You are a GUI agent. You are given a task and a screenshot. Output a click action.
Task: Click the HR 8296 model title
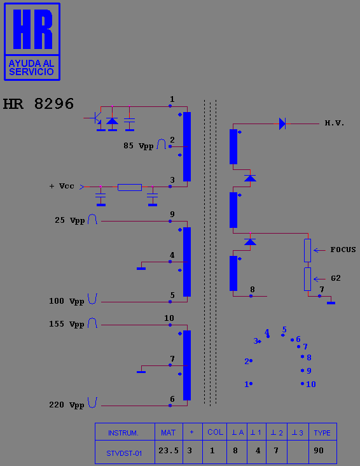point(38,104)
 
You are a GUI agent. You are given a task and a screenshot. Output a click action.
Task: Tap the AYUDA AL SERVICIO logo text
point(32,67)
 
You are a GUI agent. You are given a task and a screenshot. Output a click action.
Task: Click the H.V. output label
point(335,123)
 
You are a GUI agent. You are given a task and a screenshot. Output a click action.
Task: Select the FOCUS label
point(343,250)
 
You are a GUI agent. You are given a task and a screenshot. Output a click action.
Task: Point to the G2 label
point(336,278)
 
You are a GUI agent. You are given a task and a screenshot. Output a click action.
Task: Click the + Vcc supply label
point(62,187)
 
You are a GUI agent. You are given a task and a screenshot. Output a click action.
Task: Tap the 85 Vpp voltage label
point(139,146)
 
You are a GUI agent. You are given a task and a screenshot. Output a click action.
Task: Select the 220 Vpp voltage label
point(67,405)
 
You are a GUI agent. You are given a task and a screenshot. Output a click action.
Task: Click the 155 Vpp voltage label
point(67,324)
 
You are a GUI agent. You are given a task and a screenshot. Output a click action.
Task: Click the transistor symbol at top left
point(95,118)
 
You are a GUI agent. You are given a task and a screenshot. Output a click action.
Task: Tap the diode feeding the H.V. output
point(282,124)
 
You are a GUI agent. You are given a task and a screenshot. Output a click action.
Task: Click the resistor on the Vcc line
point(130,187)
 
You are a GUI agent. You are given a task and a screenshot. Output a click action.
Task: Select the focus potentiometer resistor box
point(307,250)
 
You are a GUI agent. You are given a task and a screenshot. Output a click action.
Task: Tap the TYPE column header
point(322,432)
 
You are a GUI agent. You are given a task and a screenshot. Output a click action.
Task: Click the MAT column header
point(169,432)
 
